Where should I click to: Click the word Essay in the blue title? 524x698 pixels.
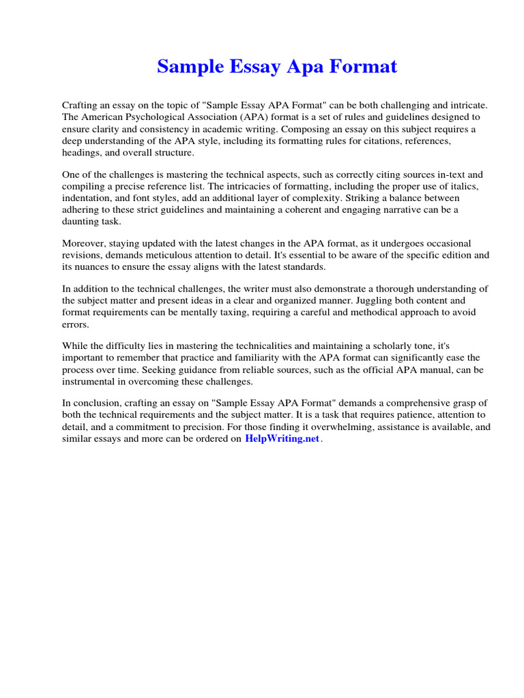point(248,67)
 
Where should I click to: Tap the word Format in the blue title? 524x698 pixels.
point(362,67)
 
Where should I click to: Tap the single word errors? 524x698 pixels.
point(75,324)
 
